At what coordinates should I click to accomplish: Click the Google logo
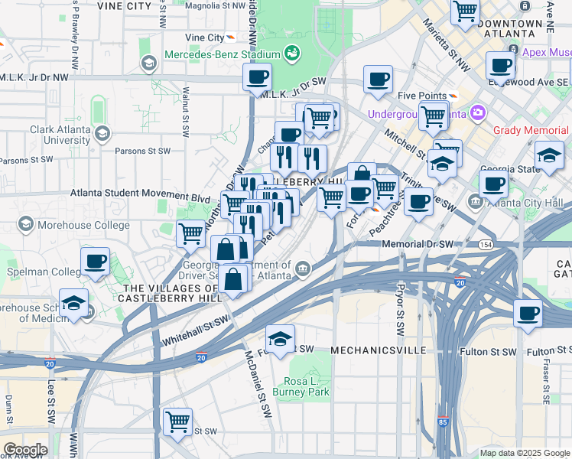click(25, 450)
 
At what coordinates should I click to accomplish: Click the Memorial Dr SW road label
click(417, 244)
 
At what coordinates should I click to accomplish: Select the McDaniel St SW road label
click(258, 382)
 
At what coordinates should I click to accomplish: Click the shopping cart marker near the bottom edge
click(177, 421)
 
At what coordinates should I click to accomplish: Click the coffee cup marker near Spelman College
click(96, 262)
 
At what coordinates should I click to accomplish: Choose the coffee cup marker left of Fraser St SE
click(528, 312)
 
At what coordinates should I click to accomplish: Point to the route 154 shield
click(486, 244)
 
